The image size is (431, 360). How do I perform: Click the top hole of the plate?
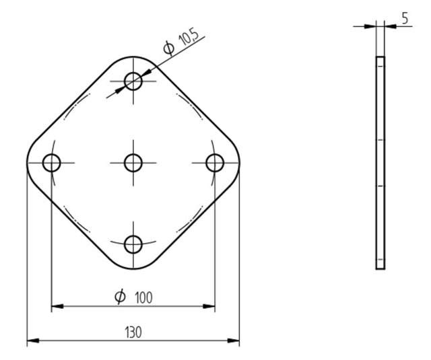(133, 82)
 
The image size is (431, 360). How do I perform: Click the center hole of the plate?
(133, 162)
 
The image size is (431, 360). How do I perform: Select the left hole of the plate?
(52, 162)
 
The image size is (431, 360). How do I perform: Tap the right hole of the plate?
(214, 162)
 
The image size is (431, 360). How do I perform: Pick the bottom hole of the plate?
(133, 244)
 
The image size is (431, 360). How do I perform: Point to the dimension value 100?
(142, 297)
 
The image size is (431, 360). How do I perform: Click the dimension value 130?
(133, 332)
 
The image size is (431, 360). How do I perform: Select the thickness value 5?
(405, 18)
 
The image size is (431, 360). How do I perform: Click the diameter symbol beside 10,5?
(168, 48)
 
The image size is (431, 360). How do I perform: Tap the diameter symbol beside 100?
(120, 296)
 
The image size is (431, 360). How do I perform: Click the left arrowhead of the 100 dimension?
(57, 306)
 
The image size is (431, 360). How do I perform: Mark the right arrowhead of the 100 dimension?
(209, 306)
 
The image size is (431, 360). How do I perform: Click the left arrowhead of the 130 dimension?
(32, 340)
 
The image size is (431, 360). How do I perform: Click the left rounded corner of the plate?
(29, 162)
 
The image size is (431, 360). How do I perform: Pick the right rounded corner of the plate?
(238, 162)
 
